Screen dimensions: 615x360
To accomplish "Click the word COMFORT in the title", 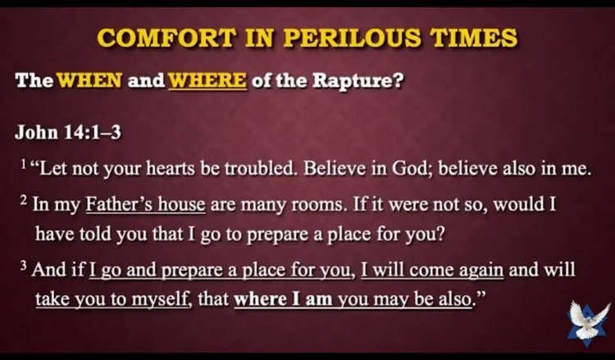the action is (166, 37).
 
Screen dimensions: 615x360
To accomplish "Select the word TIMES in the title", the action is (473, 37).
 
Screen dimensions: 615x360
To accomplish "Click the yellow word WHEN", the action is (90, 80).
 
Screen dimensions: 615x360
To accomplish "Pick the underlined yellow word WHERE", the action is (207, 80).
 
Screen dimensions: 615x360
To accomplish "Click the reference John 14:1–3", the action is (68, 132).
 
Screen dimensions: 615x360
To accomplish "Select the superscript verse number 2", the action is (24, 200).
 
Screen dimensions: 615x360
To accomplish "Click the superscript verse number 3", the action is (24, 266).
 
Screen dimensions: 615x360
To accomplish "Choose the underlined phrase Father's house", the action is (145, 204).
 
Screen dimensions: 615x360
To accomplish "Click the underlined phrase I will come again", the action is (432, 270).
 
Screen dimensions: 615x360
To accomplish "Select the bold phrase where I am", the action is (283, 299).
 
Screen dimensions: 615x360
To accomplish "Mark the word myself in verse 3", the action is (160, 300).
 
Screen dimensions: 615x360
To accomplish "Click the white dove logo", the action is (589, 323).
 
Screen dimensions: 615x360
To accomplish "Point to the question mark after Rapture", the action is (399, 80).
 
